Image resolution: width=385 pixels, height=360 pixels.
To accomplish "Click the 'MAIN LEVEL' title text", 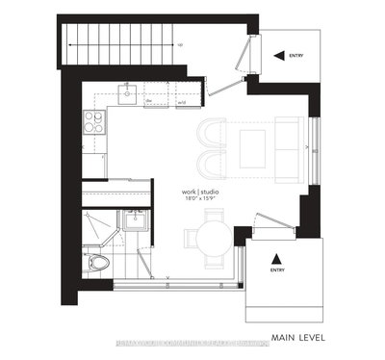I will (x=297, y=337).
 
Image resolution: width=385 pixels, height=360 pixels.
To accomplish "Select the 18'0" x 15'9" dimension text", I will (x=201, y=199).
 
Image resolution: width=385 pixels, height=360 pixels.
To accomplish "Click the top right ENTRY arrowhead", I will (x=269, y=56).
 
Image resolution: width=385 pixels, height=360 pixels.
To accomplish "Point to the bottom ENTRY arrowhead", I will (x=276, y=258).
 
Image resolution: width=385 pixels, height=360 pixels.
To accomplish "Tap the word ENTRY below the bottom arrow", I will (x=276, y=270).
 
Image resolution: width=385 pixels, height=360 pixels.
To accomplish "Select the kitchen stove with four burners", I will (x=94, y=122).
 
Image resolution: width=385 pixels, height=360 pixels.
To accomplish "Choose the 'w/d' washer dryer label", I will (x=183, y=98).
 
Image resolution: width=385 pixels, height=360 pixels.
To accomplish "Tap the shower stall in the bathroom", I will (x=96, y=226).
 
